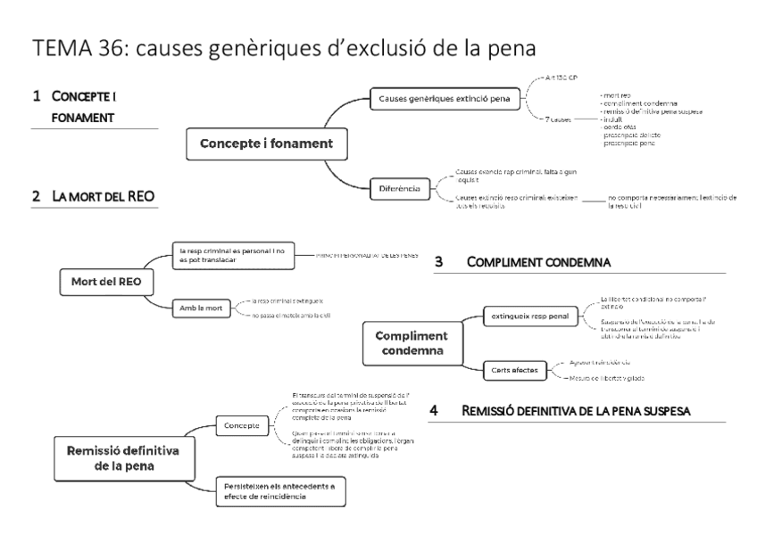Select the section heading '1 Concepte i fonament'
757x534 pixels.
coord(68,104)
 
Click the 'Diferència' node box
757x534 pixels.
coord(400,187)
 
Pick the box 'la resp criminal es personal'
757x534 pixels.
coord(236,257)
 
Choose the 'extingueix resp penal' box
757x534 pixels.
coord(529,314)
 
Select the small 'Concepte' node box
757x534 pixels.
coord(243,425)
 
